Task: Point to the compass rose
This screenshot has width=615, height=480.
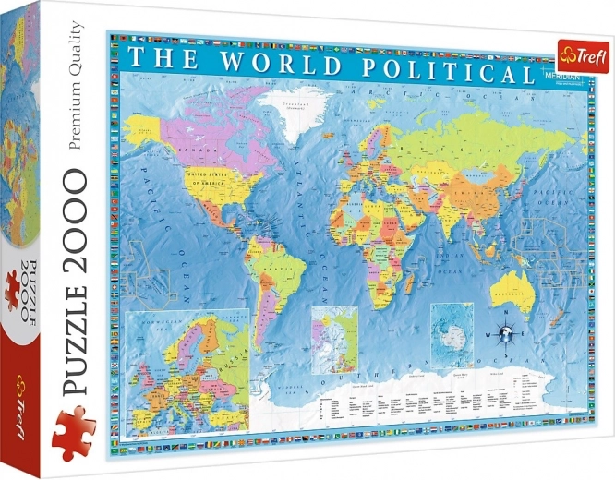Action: pos(506,328)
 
